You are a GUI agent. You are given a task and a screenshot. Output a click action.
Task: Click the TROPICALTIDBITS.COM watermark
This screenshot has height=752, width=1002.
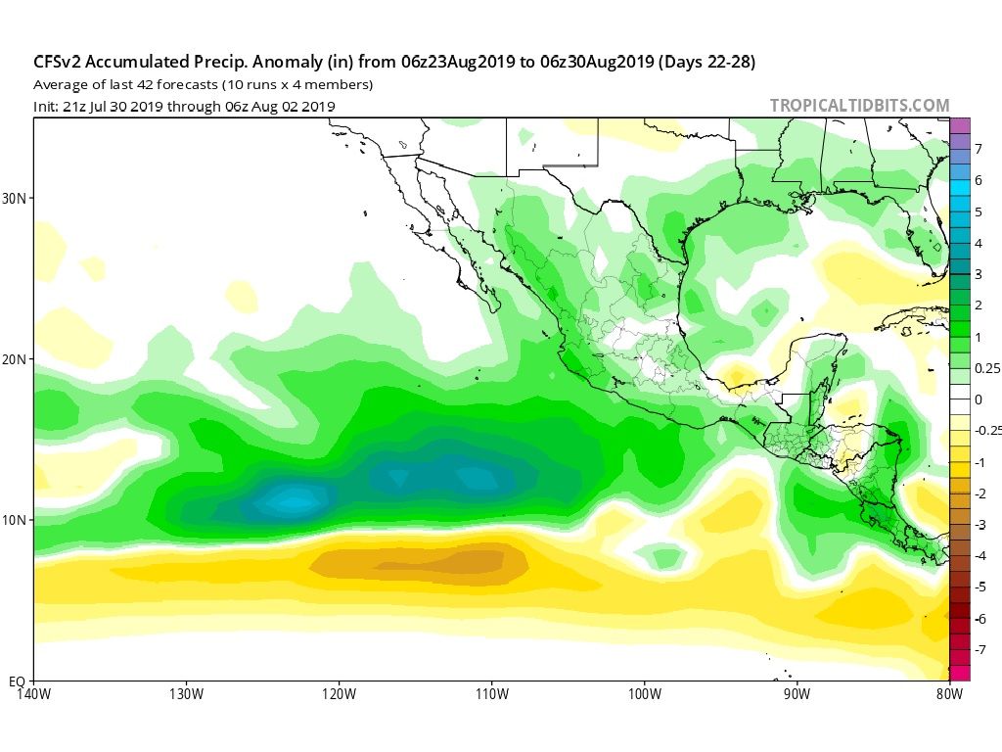click(x=859, y=106)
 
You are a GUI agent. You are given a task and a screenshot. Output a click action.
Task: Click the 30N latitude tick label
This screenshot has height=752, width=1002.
click(x=15, y=198)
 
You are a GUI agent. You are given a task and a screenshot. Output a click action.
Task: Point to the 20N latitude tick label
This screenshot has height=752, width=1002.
click(x=15, y=359)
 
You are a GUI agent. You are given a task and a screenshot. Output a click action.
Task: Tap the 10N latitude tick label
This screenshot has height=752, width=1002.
click(x=15, y=520)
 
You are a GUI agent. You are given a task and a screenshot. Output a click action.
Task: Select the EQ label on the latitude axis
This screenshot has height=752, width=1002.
click(x=17, y=681)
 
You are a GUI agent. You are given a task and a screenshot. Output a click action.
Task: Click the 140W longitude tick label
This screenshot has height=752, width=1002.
click(x=33, y=695)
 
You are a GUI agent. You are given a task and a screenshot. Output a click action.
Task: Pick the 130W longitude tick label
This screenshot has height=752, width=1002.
click(x=186, y=695)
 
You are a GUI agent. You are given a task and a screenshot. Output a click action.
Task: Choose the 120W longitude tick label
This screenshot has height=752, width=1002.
click(x=339, y=695)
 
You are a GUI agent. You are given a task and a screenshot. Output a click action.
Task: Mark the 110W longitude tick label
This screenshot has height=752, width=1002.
click(x=491, y=695)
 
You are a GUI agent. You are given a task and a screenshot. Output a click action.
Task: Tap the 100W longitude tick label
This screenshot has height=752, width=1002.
click(x=644, y=695)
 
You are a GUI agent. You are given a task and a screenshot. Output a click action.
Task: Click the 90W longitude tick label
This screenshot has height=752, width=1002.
click(x=797, y=695)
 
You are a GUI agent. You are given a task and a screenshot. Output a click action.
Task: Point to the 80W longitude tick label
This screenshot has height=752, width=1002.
click(x=948, y=695)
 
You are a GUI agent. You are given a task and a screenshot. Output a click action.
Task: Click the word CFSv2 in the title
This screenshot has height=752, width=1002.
click(x=60, y=62)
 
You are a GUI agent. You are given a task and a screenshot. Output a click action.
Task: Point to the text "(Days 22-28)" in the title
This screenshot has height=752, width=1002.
click(x=707, y=62)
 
